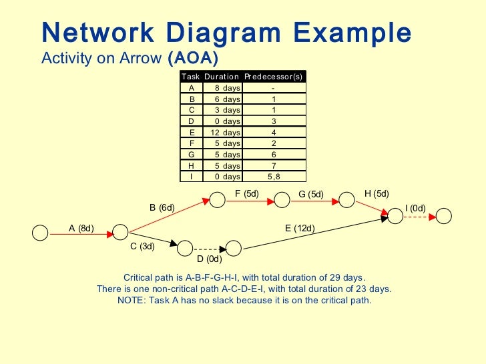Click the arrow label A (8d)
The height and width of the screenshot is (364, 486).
[81, 228]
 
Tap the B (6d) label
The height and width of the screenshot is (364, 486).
[162, 207]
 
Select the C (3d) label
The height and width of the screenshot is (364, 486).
[142, 246]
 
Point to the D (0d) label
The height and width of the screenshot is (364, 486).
[209, 259]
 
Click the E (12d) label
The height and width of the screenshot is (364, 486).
[300, 228]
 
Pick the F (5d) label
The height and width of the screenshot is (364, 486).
[247, 194]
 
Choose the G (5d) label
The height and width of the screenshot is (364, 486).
[310, 195]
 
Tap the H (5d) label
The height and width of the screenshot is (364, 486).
[377, 194]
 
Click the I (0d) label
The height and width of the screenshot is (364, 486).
[415, 209]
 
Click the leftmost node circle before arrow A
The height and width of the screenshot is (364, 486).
[41, 232]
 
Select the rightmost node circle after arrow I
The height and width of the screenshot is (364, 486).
[444, 216]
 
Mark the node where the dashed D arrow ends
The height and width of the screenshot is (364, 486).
[233, 248]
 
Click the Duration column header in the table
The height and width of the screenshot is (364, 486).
[222, 77]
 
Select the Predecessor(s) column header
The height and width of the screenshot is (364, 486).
[274, 77]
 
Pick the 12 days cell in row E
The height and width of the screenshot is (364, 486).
[222, 132]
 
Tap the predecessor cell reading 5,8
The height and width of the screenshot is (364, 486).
[274, 177]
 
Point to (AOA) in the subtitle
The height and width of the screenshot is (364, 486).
[194, 58]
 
